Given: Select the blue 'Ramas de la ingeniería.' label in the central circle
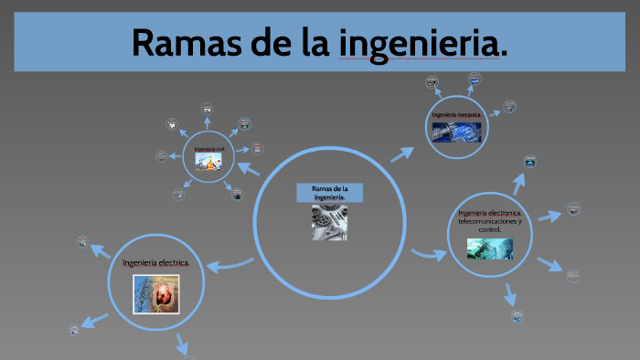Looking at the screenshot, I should tap(329, 192).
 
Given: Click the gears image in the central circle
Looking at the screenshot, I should tap(328, 222).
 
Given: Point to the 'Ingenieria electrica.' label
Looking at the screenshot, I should tap(156, 263).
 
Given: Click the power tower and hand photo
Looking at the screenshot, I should tap(156, 293).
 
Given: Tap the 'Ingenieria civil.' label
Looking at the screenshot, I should tap(208, 147).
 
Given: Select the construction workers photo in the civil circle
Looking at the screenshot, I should tap(208, 162).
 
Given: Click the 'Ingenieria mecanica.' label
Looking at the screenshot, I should tap(457, 114).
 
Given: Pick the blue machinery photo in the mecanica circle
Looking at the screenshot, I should tap(457, 132).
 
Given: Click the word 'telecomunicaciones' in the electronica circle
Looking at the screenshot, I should tap(490, 221).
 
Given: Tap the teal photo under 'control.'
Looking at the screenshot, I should tap(490, 249).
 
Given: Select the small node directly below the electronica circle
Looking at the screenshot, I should tap(517, 316).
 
